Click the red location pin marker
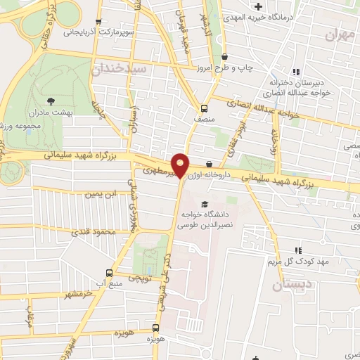(181, 165)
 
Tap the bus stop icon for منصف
(204, 108)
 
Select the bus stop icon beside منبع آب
(109, 273)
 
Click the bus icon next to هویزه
(156, 327)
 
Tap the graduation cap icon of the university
(205, 204)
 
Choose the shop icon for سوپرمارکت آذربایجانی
(98, 21)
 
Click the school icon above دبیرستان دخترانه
(296, 71)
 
